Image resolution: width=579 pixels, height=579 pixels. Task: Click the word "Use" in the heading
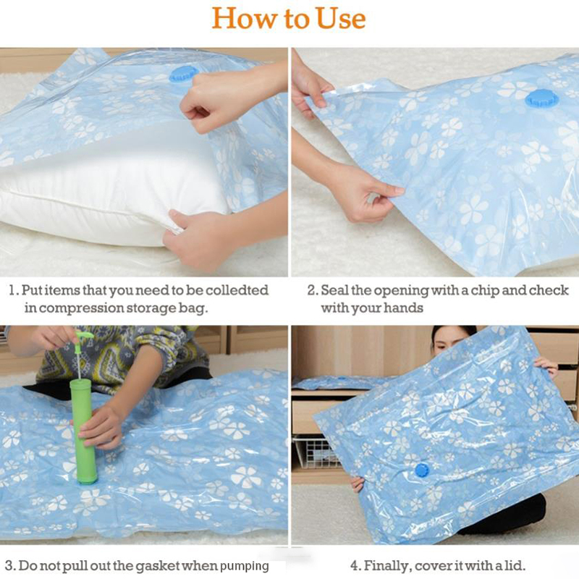coord(341,19)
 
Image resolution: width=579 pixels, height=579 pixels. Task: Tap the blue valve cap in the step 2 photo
coord(542,99)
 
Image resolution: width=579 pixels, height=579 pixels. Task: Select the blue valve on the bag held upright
coord(422,470)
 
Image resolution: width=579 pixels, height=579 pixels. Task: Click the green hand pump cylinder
coord(85,430)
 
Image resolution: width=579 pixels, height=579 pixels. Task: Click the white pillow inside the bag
coord(111,188)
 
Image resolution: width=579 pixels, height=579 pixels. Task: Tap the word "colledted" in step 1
coord(237,290)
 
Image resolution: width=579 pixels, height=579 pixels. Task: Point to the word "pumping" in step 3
coord(244,567)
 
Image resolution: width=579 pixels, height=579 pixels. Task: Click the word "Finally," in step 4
coord(387,566)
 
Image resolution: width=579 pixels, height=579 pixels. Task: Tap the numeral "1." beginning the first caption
coord(14,291)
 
